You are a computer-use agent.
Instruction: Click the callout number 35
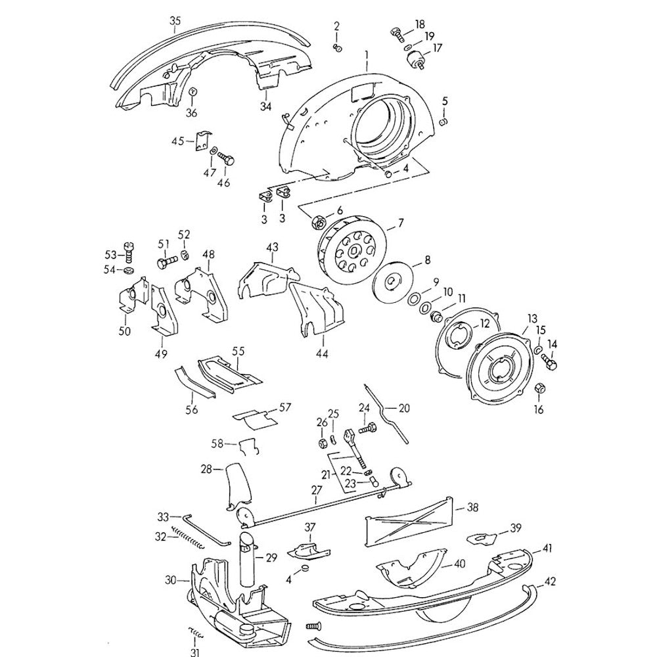tap(175, 20)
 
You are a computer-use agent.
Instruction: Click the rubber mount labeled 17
tap(416, 59)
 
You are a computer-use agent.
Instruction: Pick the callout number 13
tap(532, 319)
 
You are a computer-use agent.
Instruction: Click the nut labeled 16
tap(540, 388)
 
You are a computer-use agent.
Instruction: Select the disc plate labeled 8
tap(394, 282)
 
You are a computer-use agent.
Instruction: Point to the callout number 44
tap(322, 353)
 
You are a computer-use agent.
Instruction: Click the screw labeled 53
tap(129, 252)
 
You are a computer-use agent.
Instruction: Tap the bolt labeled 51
tap(167, 263)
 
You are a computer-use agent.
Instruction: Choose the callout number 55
tap(238, 351)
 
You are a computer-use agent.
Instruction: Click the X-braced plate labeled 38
tap(409, 522)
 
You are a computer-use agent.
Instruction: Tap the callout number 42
tap(550, 582)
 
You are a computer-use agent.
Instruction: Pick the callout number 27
tap(317, 490)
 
